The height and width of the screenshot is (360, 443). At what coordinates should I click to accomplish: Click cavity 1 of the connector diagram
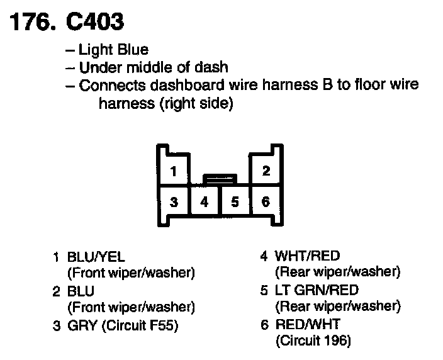click(174, 171)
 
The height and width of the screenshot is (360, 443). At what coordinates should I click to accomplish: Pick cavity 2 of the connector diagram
click(266, 171)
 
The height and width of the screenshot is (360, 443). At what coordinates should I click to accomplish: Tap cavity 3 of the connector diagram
click(174, 202)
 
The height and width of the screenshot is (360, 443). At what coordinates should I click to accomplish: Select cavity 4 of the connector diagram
click(204, 203)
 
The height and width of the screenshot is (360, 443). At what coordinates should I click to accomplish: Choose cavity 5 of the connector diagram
click(235, 203)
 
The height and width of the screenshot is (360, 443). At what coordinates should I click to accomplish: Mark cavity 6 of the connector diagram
click(266, 202)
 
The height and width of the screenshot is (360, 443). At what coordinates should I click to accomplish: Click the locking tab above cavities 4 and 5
click(220, 179)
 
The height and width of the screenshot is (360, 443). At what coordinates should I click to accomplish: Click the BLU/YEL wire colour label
click(96, 257)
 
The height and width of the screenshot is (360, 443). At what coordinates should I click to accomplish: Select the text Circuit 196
click(313, 341)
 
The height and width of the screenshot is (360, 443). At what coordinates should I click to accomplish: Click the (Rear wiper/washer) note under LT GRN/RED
click(337, 307)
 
